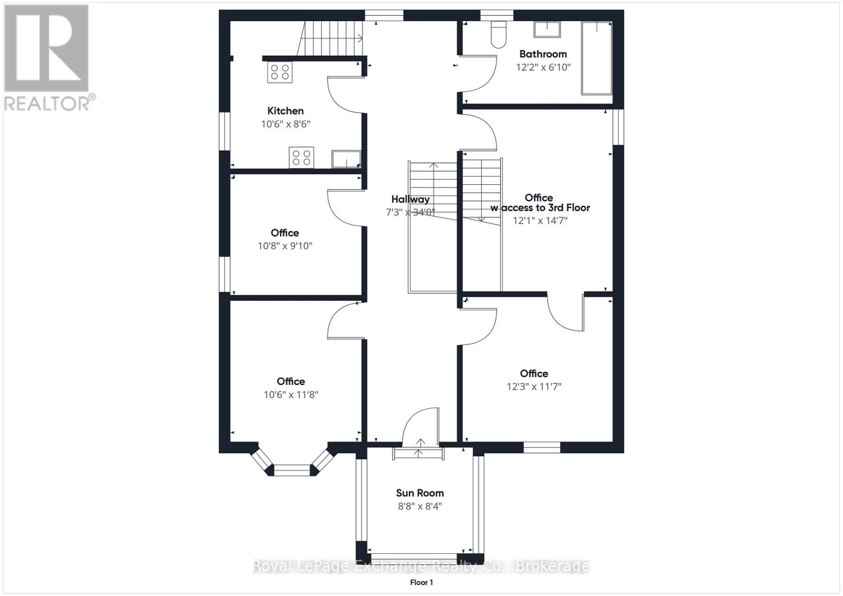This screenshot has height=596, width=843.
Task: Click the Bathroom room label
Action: click(x=543, y=54)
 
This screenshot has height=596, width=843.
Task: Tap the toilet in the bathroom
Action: click(x=498, y=35)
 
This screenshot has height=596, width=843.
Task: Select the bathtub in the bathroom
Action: click(x=596, y=58)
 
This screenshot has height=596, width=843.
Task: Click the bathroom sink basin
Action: click(x=547, y=29)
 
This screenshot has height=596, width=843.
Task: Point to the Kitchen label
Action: click(x=285, y=111)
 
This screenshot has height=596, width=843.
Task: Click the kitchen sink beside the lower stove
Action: click(x=346, y=159)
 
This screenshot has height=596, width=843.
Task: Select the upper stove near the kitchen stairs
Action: click(x=280, y=72)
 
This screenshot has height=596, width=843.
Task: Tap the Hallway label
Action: click(x=410, y=200)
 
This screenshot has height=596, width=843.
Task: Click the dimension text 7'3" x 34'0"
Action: click(x=410, y=213)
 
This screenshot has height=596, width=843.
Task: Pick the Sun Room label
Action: click(x=419, y=493)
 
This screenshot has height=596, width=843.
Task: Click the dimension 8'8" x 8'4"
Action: click(x=419, y=506)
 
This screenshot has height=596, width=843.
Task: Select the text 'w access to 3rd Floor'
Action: click(x=540, y=207)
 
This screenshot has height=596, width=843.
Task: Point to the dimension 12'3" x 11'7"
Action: click(x=534, y=386)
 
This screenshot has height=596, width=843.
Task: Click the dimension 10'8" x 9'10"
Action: click(x=285, y=246)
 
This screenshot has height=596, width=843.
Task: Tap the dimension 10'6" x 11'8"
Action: click(x=291, y=395)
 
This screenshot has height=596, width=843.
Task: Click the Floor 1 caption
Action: click(x=421, y=582)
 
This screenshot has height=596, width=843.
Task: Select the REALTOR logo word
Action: click(x=47, y=103)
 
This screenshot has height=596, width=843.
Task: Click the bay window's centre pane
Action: click(x=292, y=470)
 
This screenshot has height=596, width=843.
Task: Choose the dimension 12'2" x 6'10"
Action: click(x=543, y=67)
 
